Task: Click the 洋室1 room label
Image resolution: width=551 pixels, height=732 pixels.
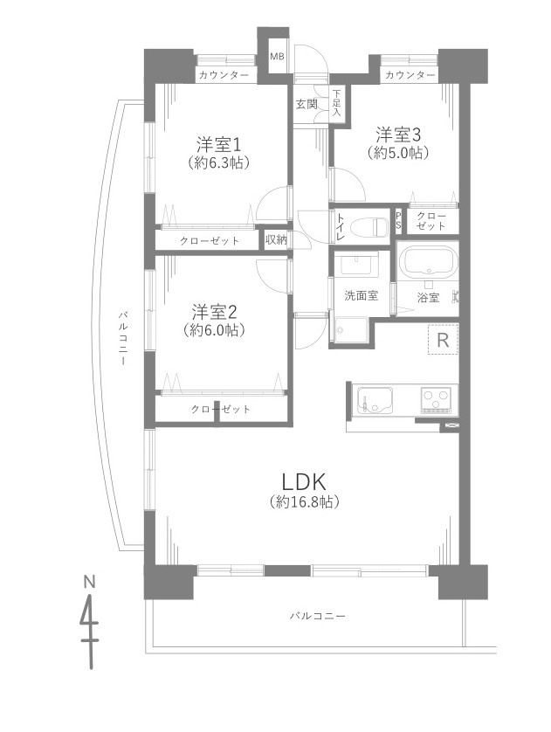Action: coord(218,143)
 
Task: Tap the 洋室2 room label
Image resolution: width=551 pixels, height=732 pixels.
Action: coord(215,312)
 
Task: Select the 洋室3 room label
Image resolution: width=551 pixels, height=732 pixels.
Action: coord(399,135)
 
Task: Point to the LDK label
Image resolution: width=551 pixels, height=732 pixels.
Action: coord(303,481)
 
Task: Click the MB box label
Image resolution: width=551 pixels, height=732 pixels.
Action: coord(277,58)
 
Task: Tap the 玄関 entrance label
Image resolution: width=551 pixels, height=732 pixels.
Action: coord(306,105)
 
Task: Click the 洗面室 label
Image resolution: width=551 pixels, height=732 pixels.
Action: coord(361,295)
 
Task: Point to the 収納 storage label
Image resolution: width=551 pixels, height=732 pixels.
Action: coord(276,239)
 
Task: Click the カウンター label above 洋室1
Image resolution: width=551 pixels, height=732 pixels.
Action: coord(223,76)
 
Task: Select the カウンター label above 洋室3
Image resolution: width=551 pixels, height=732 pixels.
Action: coord(409,76)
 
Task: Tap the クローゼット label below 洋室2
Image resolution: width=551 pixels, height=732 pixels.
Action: coord(221,409)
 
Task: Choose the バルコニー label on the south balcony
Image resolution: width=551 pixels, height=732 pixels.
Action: coord(318,616)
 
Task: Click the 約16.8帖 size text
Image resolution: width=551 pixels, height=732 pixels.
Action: coord(304,502)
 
